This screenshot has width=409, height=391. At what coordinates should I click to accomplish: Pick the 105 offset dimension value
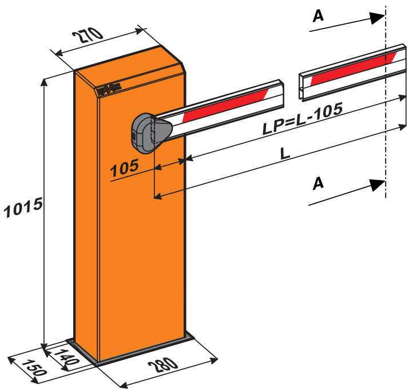click(x=125, y=167)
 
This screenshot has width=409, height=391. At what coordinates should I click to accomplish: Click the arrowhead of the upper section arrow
click(x=377, y=18)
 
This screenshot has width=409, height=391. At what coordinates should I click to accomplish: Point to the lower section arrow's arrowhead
click(x=378, y=185)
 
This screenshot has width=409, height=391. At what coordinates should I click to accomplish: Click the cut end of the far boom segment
click(x=302, y=83)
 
